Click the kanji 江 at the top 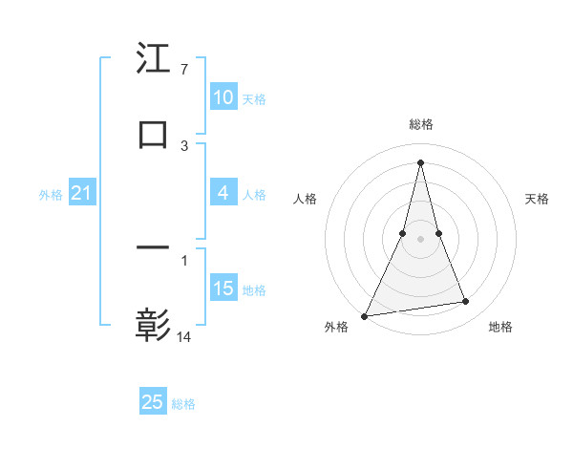click(154, 59)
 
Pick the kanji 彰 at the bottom click(154, 325)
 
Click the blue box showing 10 click(223, 97)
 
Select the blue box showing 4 click(223, 193)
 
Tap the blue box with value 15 click(223, 289)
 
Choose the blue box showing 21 click(81, 193)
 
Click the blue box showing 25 click(153, 402)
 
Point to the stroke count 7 click(183, 71)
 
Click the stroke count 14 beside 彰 click(184, 336)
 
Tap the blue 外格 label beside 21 click(51, 194)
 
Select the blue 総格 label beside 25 click(183, 404)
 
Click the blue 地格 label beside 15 click(254, 289)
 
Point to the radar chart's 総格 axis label click(421, 124)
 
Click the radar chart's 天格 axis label click(538, 199)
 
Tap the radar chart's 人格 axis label click(305, 199)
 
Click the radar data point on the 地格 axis click(466, 302)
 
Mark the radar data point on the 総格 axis click(421, 161)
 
